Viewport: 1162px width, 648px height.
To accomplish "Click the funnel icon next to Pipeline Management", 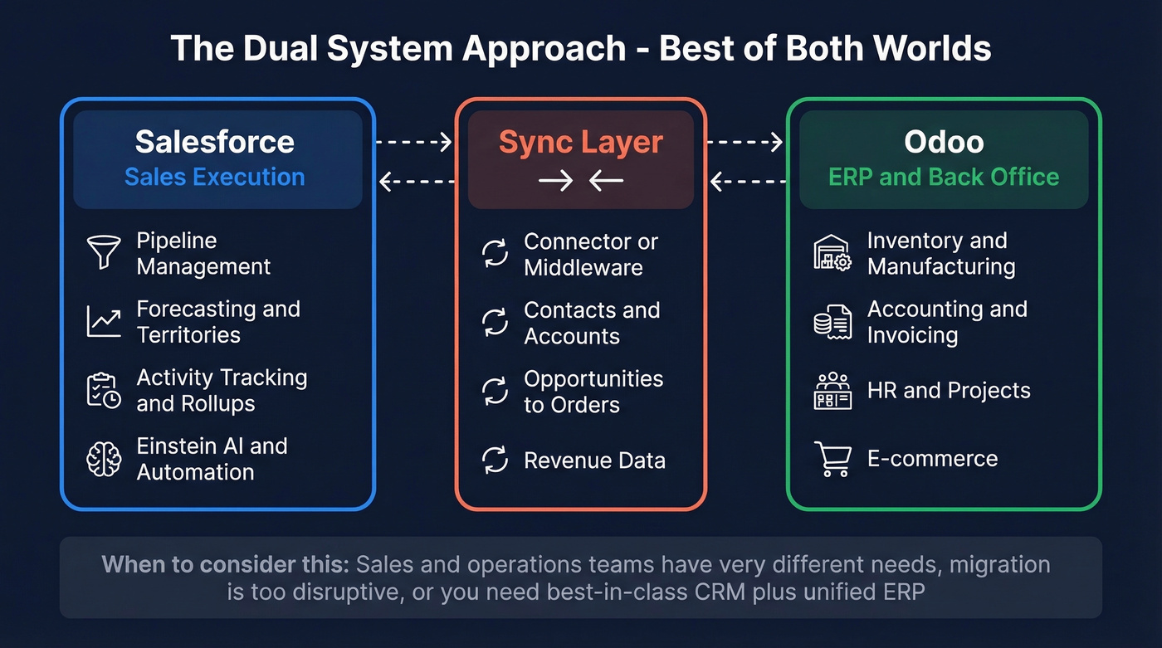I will click(x=104, y=252).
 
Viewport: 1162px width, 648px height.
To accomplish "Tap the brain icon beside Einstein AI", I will click(x=104, y=459).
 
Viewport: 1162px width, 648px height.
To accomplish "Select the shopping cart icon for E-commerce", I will click(x=832, y=459).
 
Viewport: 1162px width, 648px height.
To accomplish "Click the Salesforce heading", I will click(x=215, y=142).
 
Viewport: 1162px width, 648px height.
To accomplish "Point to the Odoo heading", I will click(x=944, y=142).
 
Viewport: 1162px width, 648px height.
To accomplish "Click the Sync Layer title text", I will click(x=580, y=142).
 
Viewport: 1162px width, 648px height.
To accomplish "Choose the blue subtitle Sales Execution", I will click(x=215, y=177).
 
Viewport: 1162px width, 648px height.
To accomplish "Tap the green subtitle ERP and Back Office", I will click(x=944, y=177).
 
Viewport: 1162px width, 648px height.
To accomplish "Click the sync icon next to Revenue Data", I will click(x=496, y=460).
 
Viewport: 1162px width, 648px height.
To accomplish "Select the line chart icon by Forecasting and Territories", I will click(x=104, y=322).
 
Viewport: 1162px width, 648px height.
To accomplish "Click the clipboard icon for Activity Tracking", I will click(x=104, y=390).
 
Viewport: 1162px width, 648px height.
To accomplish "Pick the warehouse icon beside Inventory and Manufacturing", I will click(x=832, y=253).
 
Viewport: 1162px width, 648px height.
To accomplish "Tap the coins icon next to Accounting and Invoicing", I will click(x=832, y=322).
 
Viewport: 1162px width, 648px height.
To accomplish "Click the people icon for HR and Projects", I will click(x=832, y=390).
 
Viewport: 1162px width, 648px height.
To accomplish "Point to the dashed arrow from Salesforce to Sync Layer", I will click(x=413, y=142).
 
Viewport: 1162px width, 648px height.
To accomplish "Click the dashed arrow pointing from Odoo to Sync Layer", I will click(x=749, y=181).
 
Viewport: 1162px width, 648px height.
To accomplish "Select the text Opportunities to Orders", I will click(x=593, y=392).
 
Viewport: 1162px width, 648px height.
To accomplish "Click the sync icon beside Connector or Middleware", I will click(x=496, y=254).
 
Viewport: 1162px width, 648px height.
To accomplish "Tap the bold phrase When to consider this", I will click(x=225, y=565).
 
